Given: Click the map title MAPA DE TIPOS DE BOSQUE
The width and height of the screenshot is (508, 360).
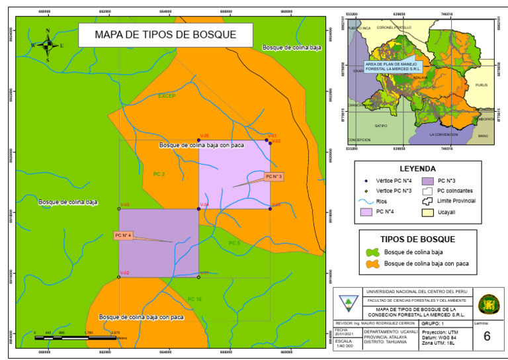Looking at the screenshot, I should tap(156, 35).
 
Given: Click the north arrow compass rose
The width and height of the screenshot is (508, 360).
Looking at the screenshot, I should tap(48, 45).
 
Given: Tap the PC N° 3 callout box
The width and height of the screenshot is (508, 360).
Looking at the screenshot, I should tap(274, 177).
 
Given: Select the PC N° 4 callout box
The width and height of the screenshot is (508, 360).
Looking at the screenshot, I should tap(124, 235).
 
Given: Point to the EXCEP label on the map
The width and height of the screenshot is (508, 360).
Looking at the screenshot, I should tap(167, 96).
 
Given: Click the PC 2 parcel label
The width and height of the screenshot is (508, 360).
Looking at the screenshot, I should tap(159, 174).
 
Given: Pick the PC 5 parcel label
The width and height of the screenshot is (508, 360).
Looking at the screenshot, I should tap(234, 243).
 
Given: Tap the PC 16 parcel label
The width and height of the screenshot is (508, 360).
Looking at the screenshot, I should tap(194, 299).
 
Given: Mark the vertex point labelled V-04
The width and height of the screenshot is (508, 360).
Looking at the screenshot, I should tap(199, 209).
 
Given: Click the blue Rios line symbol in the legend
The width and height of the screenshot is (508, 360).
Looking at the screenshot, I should tap(364, 201).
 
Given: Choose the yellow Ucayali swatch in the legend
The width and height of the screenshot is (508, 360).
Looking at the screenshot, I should tap(427, 212).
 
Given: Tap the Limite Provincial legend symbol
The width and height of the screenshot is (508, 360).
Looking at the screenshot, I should tap(427, 201).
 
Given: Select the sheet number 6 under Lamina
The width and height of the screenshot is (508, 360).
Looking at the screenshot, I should tap(486, 336).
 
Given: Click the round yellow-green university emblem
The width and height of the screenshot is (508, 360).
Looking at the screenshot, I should tap(488, 304).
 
